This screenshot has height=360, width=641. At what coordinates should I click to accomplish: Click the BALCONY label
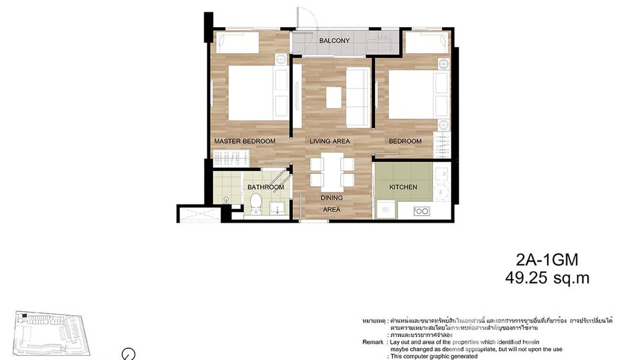point(334,41)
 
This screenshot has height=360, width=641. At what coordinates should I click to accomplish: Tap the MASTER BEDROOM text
point(245,141)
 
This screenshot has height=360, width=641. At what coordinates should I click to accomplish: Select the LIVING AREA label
point(330,141)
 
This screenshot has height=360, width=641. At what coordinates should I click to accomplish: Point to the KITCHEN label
point(403,187)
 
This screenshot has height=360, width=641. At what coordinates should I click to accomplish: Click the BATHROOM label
point(266,187)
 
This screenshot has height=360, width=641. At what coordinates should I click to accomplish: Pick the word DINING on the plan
point(331,198)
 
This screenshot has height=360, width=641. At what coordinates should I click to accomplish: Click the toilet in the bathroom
point(256,203)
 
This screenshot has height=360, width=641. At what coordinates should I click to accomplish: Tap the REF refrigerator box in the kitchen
point(385,209)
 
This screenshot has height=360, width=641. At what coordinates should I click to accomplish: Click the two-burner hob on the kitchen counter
point(421,211)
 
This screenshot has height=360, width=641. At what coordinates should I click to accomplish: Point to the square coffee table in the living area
point(334,97)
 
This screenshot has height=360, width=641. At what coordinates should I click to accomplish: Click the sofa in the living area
point(358,97)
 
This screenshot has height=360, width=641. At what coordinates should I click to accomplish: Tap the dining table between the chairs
point(332,170)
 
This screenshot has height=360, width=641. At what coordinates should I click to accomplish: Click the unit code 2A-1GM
point(547,260)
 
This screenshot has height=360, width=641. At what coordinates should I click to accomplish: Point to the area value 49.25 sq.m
point(547,278)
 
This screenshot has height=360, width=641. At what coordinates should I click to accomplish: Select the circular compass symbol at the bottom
point(128,354)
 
